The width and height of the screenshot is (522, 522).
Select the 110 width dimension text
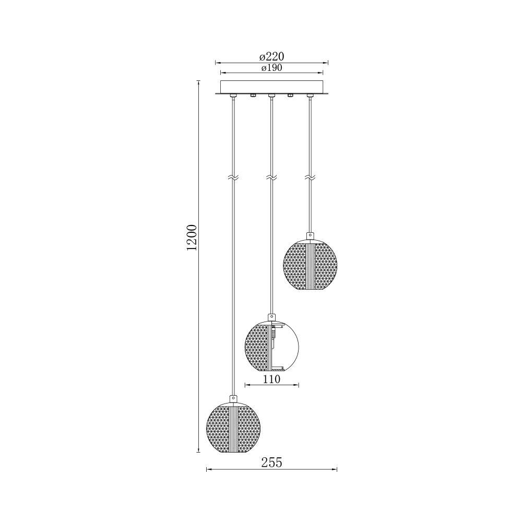271,379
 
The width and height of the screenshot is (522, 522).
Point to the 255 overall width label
272,462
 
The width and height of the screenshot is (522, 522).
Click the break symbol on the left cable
233,178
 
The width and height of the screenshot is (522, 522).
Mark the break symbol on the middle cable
271,178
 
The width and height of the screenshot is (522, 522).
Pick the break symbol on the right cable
310,178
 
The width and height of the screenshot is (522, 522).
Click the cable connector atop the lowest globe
233,398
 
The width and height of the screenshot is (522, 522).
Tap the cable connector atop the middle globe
271,316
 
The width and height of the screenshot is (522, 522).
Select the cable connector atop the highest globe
310,236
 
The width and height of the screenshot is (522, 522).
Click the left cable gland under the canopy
233,96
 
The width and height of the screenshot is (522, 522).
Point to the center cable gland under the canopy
271,96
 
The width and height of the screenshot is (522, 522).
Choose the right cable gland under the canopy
310,96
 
